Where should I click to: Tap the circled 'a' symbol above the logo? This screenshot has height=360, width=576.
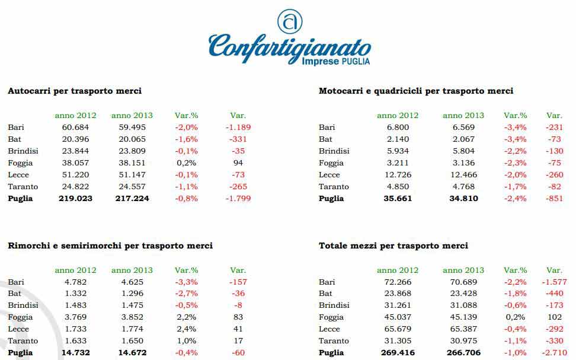[x=290, y=21]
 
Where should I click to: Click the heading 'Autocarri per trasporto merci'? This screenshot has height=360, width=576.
[x=74, y=91]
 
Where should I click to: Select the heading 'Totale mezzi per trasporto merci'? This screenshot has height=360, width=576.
[x=393, y=246]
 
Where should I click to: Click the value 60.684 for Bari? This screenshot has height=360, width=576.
[x=75, y=127]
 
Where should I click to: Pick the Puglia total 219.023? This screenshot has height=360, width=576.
[x=75, y=198]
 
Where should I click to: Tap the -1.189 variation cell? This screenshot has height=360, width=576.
[x=238, y=127]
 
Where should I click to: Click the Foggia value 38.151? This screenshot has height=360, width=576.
[x=132, y=163]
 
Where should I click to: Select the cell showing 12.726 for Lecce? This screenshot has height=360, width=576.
[x=398, y=174]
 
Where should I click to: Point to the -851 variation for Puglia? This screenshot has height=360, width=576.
[x=554, y=198]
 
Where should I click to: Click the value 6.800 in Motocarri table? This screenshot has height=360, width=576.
[x=398, y=127]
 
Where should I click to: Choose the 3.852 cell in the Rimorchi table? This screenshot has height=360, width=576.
[x=132, y=317]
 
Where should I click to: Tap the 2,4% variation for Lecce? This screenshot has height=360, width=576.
[x=187, y=329]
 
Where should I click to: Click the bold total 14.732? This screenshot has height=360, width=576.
[x=75, y=353]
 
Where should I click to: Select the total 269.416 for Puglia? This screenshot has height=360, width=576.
[x=398, y=353]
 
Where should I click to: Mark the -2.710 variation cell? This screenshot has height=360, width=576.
[x=554, y=353]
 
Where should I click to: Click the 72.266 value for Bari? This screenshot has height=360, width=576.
[x=398, y=282]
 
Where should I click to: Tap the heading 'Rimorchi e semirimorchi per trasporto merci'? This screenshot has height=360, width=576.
[x=110, y=246]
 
